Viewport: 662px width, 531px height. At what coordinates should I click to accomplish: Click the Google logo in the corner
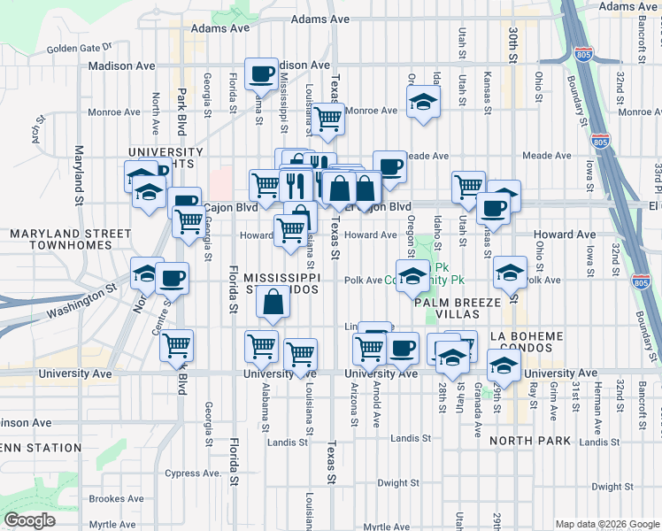coord(30,520)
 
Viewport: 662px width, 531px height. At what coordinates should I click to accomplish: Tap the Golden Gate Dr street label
coord(80,48)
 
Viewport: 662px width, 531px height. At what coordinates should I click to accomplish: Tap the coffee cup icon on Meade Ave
coord(389,165)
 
